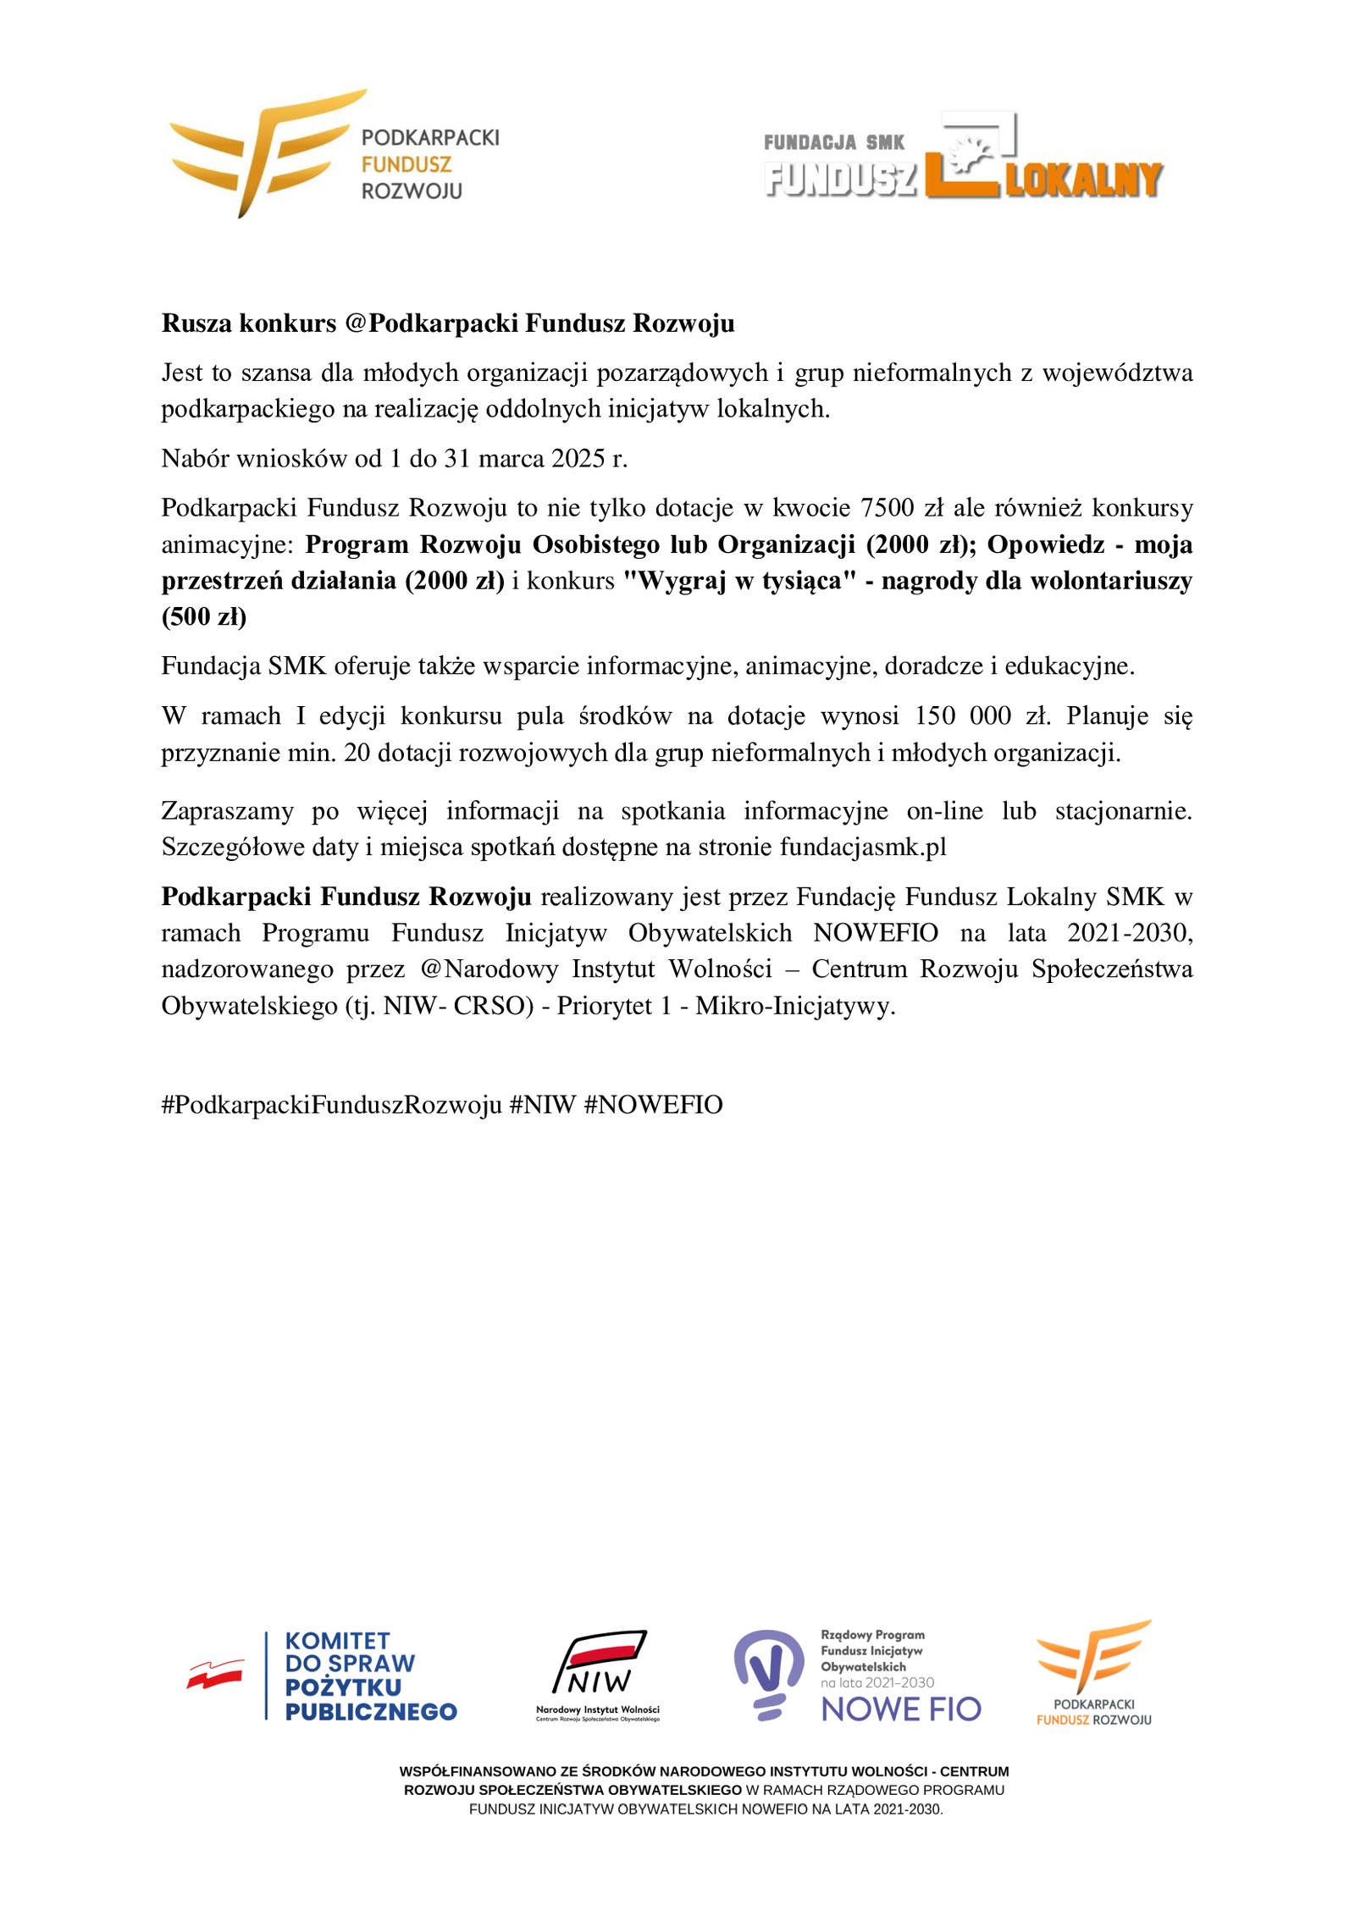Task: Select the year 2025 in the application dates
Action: [x=578, y=458]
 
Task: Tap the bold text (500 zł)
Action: [x=204, y=617]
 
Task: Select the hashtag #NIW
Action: [x=542, y=1105]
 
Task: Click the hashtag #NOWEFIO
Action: [x=653, y=1105]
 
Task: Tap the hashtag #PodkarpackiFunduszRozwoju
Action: [x=332, y=1105]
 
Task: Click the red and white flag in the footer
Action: [x=215, y=1674]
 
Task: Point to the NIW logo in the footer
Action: [x=599, y=1673]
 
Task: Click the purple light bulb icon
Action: [x=767, y=1673]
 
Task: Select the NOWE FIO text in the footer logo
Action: [x=900, y=1709]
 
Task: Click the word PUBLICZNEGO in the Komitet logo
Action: [x=370, y=1712]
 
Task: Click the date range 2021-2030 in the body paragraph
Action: [x=1128, y=933]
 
